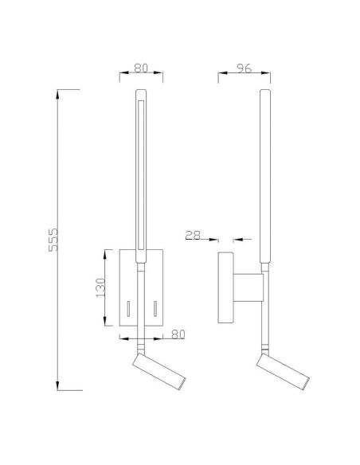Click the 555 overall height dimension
(x=53, y=240)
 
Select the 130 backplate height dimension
(x=100, y=287)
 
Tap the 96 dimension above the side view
(x=244, y=68)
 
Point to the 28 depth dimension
(x=193, y=235)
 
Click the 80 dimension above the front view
(x=141, y=68)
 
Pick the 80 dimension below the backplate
(x=178, y=334)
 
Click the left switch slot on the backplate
(x=128, y=309)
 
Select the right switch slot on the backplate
(x=155, y=309)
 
